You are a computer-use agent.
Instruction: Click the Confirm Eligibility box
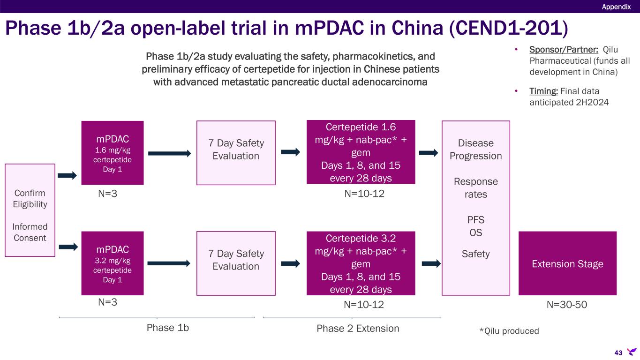30,210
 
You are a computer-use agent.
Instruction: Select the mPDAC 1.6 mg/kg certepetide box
113,153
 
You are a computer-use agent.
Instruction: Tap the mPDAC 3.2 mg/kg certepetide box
113,263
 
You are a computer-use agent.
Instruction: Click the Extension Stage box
567,263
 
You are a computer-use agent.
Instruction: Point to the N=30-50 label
567,305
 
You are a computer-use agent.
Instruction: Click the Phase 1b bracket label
168,328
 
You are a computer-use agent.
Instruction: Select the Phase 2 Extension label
358,329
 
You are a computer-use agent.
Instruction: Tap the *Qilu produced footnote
509,331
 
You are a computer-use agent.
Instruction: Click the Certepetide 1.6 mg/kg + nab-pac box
361,152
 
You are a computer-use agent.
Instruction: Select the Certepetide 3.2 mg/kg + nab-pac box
361,263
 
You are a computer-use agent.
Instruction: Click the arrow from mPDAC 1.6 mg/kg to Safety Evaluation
170,153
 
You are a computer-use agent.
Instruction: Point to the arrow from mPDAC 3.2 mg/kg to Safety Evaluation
169,263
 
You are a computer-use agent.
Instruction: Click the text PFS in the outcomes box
475,220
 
